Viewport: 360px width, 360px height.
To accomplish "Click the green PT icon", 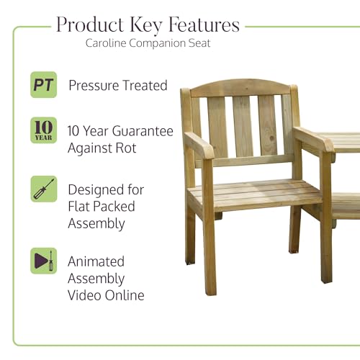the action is coord(44,85).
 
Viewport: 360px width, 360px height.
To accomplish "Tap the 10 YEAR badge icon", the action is coord(44,130).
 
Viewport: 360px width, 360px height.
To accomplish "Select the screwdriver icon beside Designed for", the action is coord(44,189).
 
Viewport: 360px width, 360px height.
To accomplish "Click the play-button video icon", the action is coord(44,261).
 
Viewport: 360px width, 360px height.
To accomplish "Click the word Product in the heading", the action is coord(90,24).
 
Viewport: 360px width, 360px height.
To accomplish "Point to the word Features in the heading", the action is coord(204,24).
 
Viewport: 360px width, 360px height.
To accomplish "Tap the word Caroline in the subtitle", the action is coord(106,43).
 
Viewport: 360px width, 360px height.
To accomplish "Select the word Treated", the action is coord(145,86).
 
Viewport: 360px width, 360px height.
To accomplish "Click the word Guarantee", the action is coord(143,131).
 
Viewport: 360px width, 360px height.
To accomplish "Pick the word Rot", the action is coord(126,148).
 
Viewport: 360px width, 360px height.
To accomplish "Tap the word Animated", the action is coord(96,261).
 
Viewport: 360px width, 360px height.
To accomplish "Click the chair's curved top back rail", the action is coord(240,87).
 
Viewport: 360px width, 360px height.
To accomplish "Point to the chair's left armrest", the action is coord(199,145).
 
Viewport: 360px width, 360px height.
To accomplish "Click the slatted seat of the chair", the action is coord(254,194).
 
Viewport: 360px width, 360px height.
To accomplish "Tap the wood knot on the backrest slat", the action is coord(272,138).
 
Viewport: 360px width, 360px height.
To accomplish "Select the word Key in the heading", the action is coord(146,25).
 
